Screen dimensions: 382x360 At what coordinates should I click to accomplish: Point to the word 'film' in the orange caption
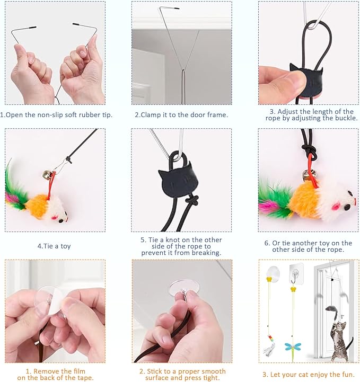pos(77,371)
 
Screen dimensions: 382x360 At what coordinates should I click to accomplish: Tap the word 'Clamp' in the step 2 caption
pos(154,115)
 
